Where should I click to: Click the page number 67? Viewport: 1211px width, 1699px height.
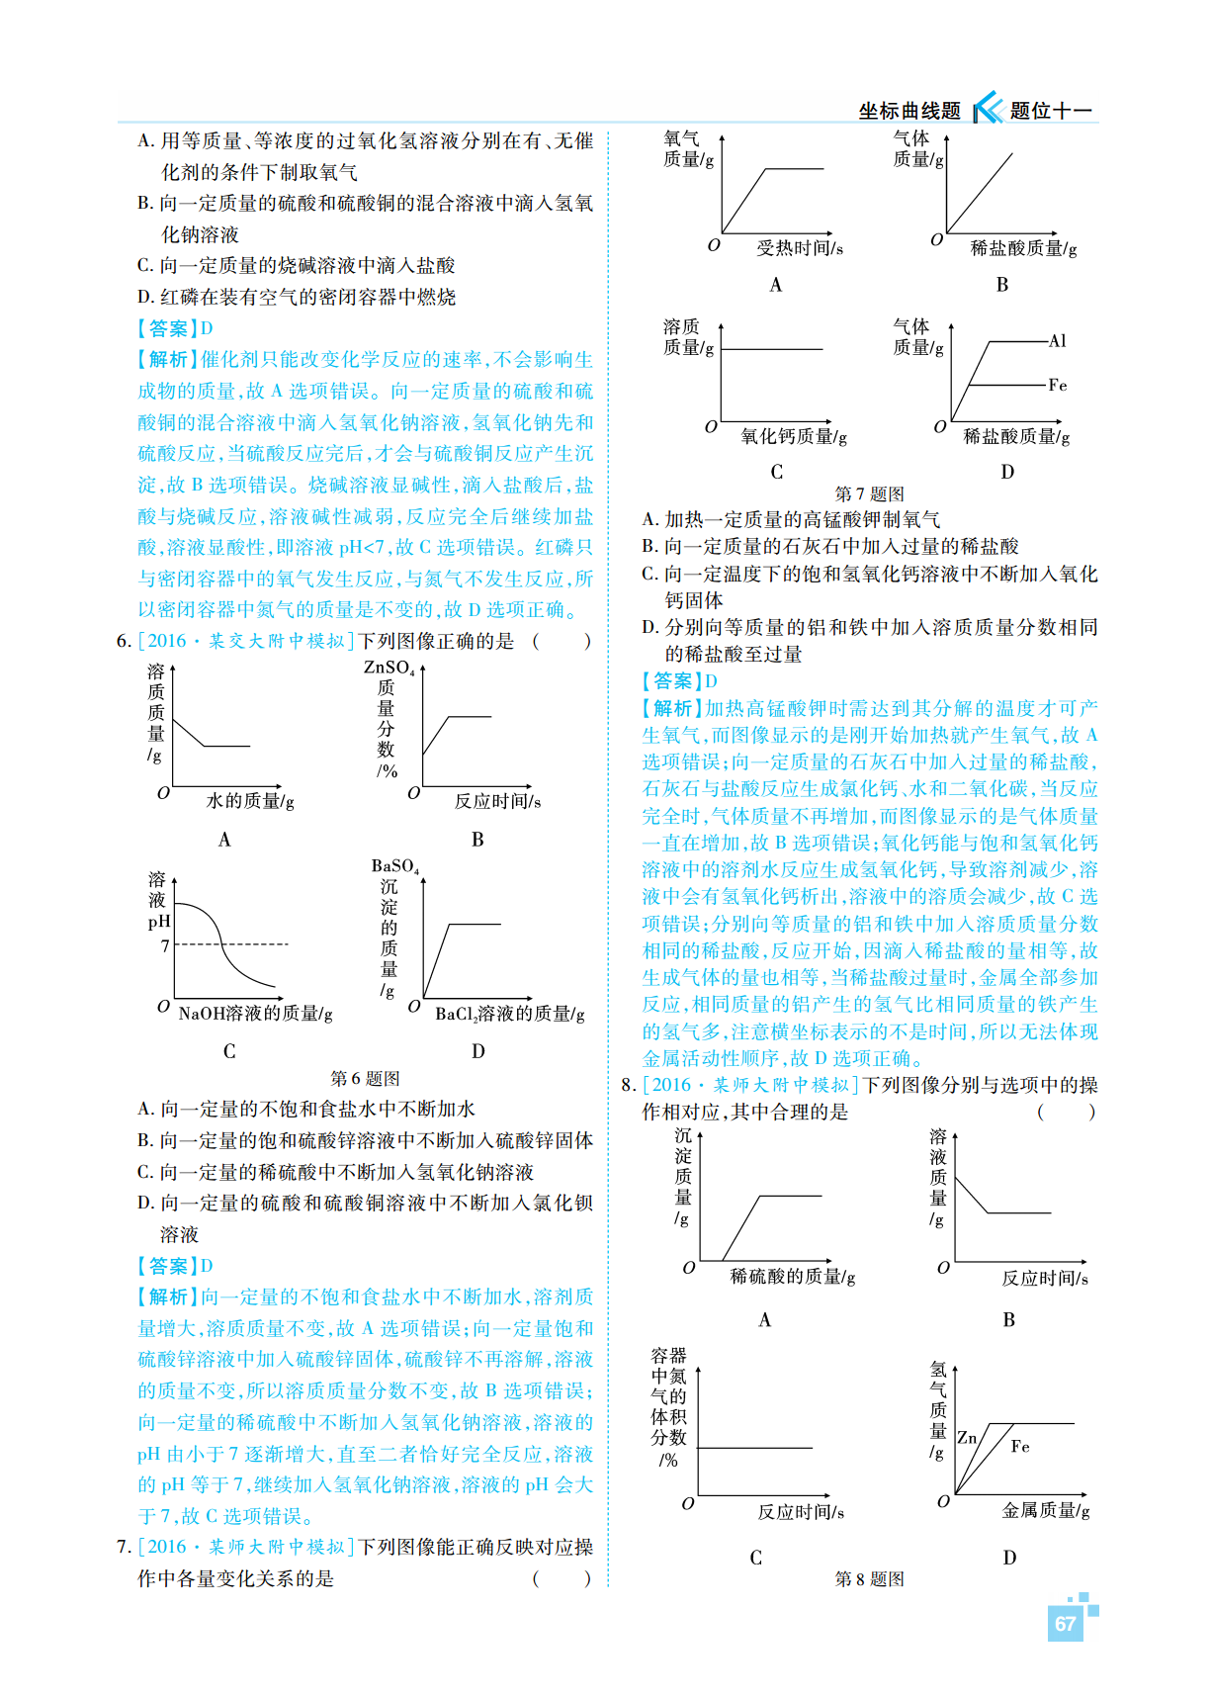coord(1065,1623)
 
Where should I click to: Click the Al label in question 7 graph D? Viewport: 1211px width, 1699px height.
coord(1057,341)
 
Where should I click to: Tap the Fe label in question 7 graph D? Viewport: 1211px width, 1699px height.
coord(1057,385)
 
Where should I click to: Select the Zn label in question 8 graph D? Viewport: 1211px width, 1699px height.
coord(967,1438)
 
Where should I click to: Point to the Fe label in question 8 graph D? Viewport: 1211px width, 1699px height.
coord(1020,1446)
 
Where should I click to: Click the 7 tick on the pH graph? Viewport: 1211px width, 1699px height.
coord(165,945)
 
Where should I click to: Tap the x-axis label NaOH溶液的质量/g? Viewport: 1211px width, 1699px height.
coord(255,1014)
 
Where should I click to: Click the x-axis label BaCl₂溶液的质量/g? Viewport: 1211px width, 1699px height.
coord(510,1014)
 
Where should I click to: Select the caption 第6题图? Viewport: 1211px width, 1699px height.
coord(365,1078)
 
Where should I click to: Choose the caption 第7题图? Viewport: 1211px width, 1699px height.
coord(869,493)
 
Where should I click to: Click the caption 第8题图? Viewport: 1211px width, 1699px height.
coord(869,1578)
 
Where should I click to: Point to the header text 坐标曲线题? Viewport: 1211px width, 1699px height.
coord(909,111)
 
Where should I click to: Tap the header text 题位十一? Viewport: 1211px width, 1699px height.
coord(1050,111)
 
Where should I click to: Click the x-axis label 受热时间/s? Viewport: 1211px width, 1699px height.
coord(800,248)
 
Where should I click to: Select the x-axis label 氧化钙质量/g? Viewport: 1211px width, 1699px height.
coord(794,436)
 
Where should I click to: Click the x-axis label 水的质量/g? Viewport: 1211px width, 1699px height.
coord(250,801)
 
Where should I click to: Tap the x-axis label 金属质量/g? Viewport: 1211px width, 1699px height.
coord(1046,1510)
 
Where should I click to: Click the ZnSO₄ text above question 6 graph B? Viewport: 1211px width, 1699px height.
coord(390,669)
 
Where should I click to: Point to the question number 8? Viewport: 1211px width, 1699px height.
coord(628,1085)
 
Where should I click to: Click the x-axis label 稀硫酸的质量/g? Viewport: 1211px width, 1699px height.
coord(793,1277)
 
